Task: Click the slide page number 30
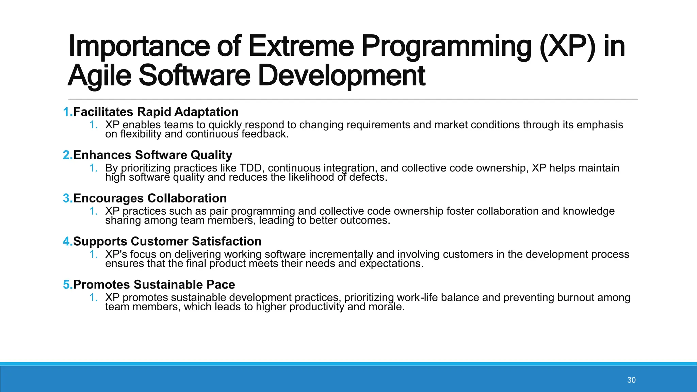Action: pyautogui.click(x=631, y=380)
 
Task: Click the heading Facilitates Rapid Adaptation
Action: pyautogui.click(x=156, y=112)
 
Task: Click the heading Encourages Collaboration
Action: pyautogui.click(x=150, y=198)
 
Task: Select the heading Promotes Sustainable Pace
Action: pyautogui.click(x=154, y=285)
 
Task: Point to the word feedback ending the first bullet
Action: pyautogui.click(x=265, y=134)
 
